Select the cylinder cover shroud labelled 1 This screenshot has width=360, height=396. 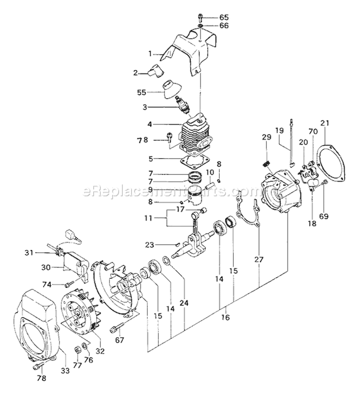pos(190,50)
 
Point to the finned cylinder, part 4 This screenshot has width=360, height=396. pos(197,132)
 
